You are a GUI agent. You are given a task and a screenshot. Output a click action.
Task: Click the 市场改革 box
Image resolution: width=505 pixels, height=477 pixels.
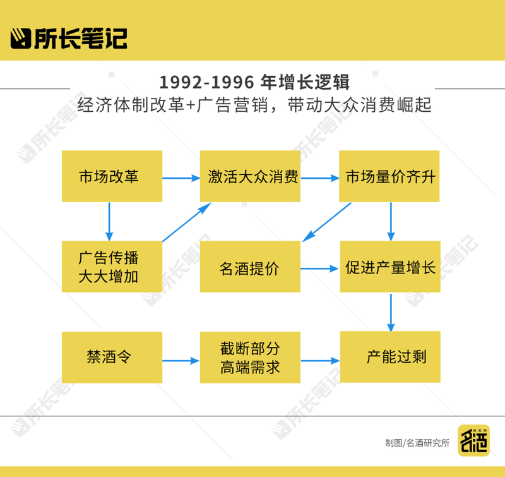tap(111, 176)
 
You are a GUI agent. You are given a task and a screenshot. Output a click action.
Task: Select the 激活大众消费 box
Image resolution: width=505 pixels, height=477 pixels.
tap(250, 176)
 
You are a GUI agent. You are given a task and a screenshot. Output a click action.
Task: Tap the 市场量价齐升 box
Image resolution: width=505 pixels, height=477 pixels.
tap(390, 176)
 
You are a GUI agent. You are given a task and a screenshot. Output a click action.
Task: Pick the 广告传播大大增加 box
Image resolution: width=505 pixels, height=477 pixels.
tap(111, 267)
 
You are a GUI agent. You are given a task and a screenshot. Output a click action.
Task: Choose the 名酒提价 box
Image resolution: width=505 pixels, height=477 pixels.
tap(250, 267)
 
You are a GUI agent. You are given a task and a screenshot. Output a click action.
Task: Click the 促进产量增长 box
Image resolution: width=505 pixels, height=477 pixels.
tap(390, 267)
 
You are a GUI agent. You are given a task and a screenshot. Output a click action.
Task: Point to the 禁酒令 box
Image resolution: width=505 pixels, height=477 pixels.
tap(111, 357)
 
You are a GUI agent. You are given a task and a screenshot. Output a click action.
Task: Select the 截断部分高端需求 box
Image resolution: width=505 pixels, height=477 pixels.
tap(250, 358)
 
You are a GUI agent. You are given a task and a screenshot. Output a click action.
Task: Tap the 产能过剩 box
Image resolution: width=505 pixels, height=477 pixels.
tap(390, 357)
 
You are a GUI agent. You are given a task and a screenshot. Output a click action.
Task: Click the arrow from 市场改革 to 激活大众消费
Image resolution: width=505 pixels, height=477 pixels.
tap(181, 178)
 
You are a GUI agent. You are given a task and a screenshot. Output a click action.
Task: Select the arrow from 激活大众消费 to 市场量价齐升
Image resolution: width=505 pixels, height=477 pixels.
tap(319, 178)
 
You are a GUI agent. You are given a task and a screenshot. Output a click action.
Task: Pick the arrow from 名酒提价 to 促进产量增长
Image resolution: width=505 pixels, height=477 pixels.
tap(319, 269)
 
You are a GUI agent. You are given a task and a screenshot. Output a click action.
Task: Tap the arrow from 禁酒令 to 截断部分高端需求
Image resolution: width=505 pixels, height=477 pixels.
tap(181, 361)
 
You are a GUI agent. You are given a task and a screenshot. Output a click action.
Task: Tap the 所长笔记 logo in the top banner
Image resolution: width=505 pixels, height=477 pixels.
tap(69, 38)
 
